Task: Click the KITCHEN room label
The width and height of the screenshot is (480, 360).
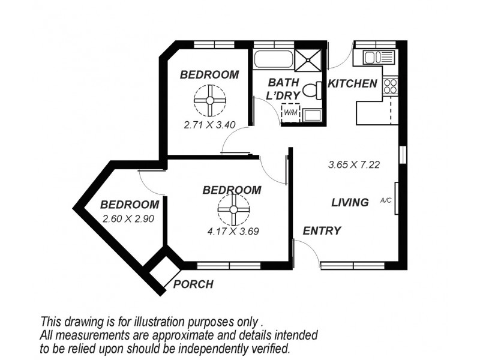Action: tap(352, 84)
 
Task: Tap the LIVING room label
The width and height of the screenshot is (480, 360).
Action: tap(350, 203)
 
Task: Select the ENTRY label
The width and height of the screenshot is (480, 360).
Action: tap(322, 231)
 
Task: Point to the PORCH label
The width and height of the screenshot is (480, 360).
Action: tap(193, 284)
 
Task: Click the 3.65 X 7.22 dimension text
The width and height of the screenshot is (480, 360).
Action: tap(355, 164)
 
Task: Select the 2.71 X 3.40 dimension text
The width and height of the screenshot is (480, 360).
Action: tap(209, 126)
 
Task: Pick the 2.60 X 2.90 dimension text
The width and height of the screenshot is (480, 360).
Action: tap(129, 219)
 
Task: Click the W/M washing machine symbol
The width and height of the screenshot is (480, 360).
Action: tap(291, 112)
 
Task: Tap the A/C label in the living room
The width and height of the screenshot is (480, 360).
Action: tap(386, 201)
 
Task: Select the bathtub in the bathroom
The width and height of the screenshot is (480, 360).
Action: tap(274, 59)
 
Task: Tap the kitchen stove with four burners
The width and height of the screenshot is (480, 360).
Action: tap(391, 85)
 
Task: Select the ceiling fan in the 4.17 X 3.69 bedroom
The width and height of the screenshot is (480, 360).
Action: tap(233, 211)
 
